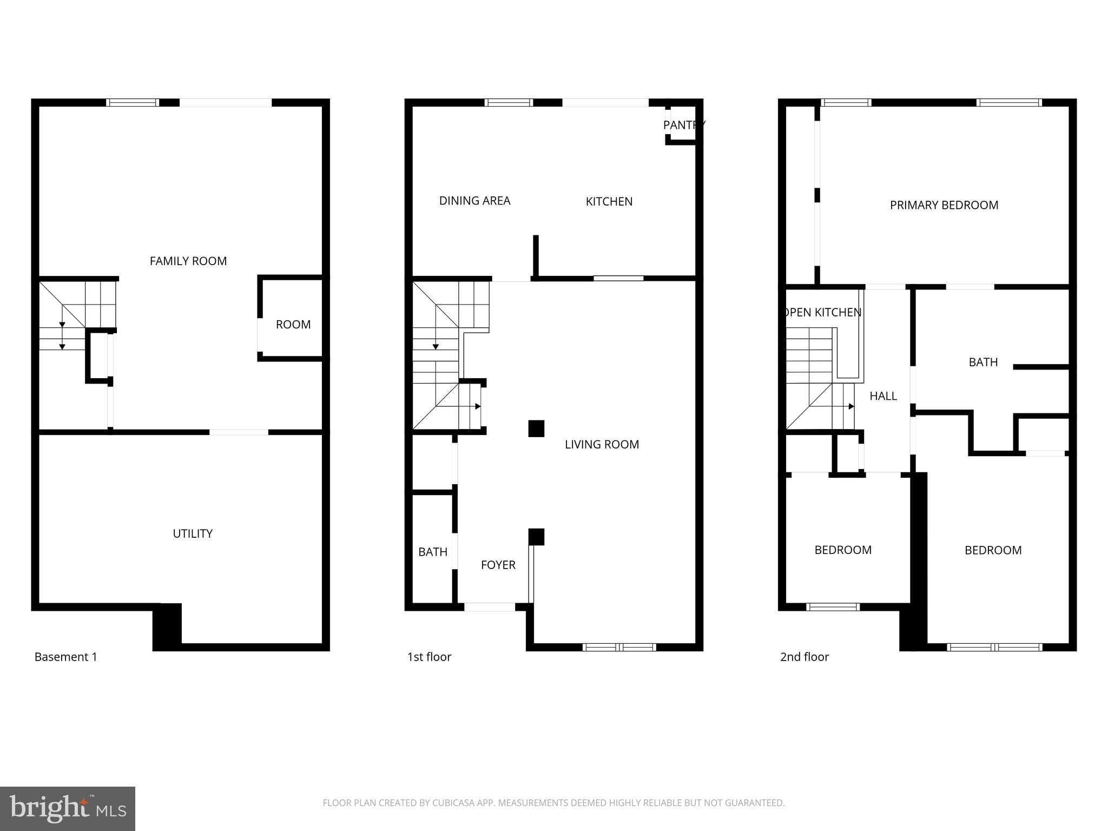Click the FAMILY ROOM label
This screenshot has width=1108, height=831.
coord(188,261)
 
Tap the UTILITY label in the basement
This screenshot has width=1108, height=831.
coord(193,534)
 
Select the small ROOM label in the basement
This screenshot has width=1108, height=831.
coord(293,325)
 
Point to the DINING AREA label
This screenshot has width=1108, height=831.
coord(474,201)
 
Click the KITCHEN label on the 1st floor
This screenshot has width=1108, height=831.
coord(609,202)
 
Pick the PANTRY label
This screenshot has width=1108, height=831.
coord(684,126)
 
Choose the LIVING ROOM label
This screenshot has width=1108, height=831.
coord(602,445)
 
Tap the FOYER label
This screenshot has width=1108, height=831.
coord(498,565)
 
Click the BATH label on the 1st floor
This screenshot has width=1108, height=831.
coord(433,552)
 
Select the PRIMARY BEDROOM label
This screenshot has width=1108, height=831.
coord(944,206)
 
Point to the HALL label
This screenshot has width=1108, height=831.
coord(883,397)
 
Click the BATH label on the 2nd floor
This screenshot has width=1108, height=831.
coord(983,362)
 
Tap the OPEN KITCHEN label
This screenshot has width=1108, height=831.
coord(822,313)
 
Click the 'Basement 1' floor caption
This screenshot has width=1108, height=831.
coord(65,657)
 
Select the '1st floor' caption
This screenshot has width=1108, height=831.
coord(429,657)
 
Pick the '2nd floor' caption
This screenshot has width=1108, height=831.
coord(804,657)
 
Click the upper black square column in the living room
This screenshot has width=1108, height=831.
coord(536,428)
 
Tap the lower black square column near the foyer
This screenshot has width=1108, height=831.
coord(536,537)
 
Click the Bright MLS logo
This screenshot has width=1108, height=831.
coord(67,808)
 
